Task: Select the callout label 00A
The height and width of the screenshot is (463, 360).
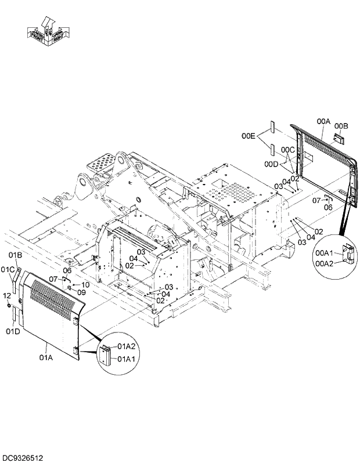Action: (323, 121)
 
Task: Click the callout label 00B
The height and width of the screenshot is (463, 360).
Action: (341, 125)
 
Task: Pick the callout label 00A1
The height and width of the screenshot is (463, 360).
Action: (323, 254)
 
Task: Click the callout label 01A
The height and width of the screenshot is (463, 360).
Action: (46, 359)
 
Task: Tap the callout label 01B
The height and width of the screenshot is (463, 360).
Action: (15, 255)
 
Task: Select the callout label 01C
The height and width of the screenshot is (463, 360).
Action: (8, 269)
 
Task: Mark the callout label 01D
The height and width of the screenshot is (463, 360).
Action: (13, 331)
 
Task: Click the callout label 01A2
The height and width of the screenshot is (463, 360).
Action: (127, 346)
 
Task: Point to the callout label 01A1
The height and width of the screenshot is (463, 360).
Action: (127, 359)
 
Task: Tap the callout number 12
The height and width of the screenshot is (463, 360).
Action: (7, 295)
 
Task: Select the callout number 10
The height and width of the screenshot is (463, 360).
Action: (85, 284)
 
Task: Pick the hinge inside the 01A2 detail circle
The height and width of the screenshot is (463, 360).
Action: (106, 353)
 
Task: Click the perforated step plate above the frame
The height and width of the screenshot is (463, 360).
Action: (102, 161)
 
